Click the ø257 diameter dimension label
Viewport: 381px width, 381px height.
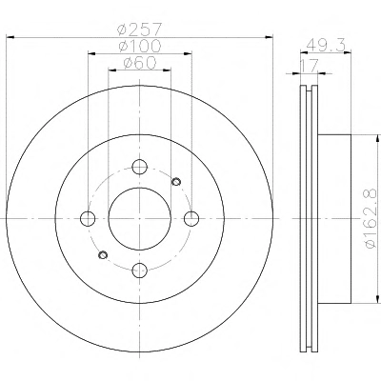point(140,30)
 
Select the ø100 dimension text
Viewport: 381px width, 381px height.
point(140,47)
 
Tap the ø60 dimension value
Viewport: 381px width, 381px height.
point(140,63)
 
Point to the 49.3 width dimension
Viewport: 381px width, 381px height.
point(326,46)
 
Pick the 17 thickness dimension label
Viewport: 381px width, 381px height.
point(310,66)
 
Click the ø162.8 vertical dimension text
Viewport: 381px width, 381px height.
point(371,219)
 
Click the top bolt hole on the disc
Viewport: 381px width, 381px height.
point(140,167)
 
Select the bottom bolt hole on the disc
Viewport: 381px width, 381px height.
point(140,271)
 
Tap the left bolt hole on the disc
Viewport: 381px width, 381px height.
point(88,219)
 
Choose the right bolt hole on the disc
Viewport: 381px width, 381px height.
point(191,219)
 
